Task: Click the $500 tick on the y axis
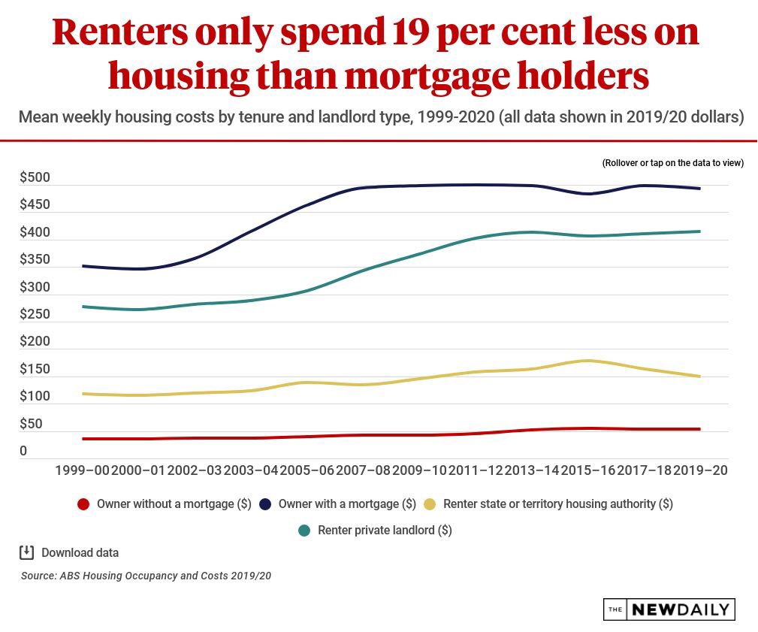[35, 178]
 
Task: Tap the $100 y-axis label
[35, 397]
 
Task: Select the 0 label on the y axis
[23, 452]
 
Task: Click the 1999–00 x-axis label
[83, 470]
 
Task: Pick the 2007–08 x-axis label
[363, 470]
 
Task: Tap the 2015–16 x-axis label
[587, 470]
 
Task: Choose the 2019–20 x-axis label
[700, 470]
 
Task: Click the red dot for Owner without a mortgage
[83, 504]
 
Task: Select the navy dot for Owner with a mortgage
[265, 504]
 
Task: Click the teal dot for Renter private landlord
[304, 531]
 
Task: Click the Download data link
[80, 553]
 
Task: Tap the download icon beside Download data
[26, 553]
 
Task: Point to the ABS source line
[146, 576]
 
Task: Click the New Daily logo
[669, 609]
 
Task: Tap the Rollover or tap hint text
[672, 163]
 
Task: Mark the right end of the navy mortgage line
[700, 189]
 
